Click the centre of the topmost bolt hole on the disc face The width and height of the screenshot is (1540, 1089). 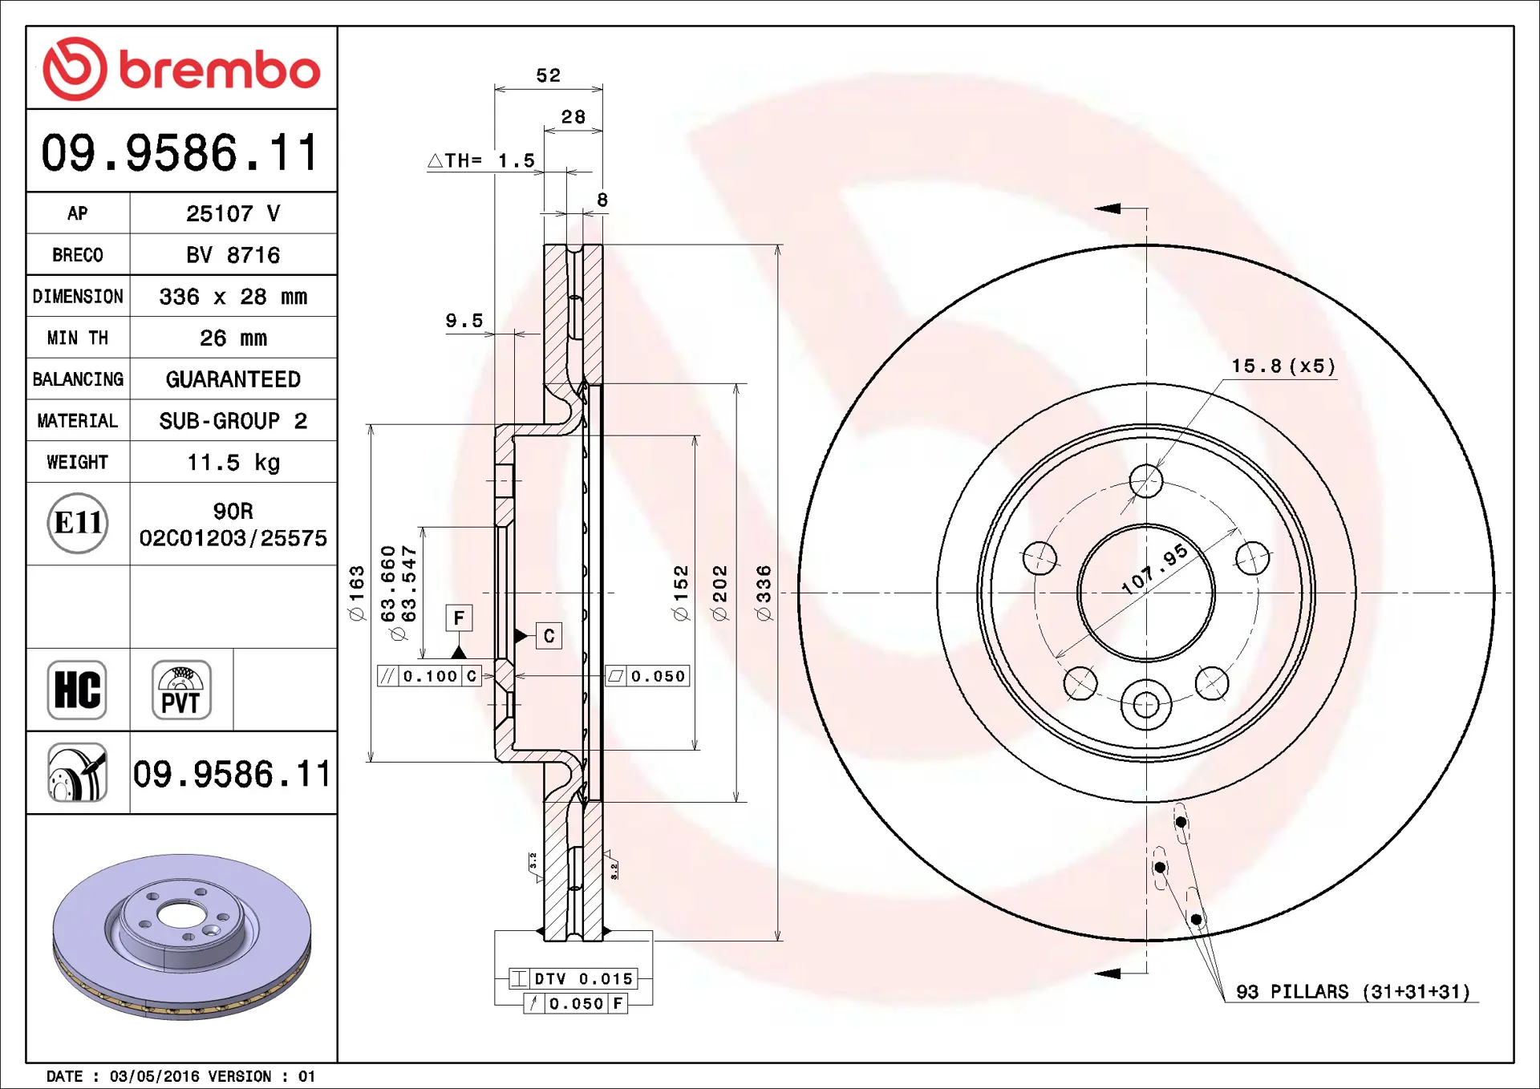point(1146,481)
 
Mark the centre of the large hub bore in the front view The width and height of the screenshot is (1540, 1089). point(1146,593)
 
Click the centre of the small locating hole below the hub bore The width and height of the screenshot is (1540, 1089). point(1146,706)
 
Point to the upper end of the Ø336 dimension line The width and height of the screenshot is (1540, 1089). point(777,245)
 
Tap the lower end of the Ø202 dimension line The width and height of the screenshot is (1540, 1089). point(736,801)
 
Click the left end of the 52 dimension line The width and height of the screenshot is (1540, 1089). point(495,88)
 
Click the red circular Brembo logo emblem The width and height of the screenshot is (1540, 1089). point(75,69)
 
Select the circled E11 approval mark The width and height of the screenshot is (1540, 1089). point(78,524)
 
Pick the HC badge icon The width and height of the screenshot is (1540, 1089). point(77,690)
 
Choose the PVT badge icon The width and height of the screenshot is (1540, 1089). point(181,690)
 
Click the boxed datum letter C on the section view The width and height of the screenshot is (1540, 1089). point(549,636)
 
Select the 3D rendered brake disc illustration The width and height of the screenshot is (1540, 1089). point(182,937)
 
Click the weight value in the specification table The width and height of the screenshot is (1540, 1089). point(233,463)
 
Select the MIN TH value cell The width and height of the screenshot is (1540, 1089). point(233,338)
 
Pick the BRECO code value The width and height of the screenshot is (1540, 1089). point(233,255)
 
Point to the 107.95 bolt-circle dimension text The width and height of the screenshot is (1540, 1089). point(1155,569)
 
